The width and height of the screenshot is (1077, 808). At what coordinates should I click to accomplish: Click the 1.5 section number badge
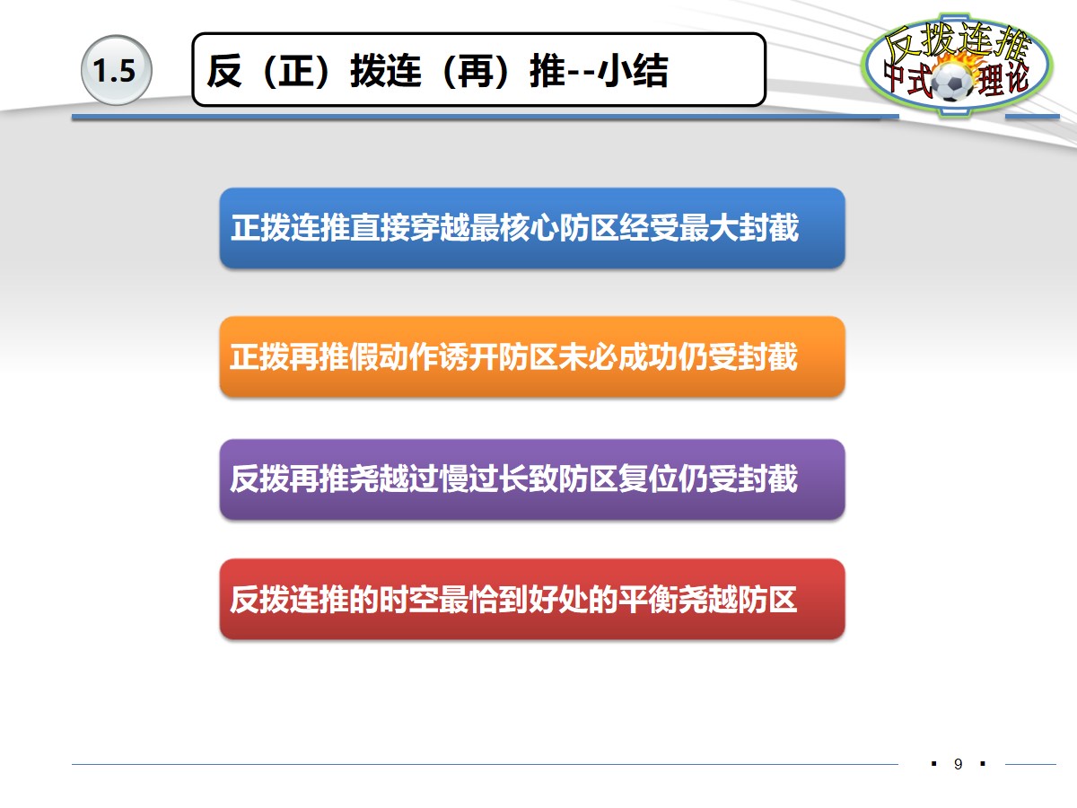pos(114,71)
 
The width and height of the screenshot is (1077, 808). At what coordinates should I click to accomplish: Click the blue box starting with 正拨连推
pos(532,228)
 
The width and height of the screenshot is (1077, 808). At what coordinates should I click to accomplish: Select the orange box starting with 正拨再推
pos(532,356)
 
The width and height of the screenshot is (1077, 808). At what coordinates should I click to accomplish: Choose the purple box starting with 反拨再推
pos(532,479)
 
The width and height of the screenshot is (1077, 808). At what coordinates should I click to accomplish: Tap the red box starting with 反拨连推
pos(532,599)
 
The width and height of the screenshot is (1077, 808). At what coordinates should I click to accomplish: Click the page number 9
pos(959,765)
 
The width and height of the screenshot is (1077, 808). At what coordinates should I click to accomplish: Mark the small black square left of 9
pos(934,764)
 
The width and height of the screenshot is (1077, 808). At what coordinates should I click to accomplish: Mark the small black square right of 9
pos(983,764)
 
